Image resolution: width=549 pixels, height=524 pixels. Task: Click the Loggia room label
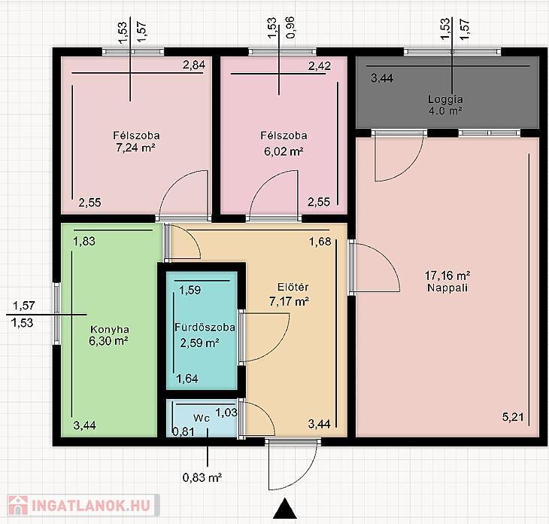445,99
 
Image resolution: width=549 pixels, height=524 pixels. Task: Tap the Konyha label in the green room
110,330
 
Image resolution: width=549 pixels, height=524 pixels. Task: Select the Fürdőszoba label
205,327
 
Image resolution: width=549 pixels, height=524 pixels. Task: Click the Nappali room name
447,288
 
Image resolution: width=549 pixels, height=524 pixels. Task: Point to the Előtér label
293,287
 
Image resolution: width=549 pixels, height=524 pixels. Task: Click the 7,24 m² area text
135,148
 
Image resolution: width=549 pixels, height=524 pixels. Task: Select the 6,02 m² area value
284,151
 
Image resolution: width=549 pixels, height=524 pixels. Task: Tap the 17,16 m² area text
447,276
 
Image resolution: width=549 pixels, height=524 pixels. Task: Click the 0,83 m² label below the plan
202,477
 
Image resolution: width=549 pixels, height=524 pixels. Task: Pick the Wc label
202,418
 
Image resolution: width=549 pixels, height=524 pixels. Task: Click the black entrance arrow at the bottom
285,508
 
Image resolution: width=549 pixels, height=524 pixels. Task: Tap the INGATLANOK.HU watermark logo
83,505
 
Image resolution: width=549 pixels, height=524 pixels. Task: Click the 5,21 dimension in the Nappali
513,417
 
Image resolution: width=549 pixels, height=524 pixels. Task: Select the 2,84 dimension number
194,65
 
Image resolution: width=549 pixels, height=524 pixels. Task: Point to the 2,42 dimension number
320,66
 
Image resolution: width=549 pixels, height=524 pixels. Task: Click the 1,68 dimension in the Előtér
320,242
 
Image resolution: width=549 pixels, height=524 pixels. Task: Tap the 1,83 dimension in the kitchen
84,241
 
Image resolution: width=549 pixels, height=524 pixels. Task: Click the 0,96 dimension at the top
290,28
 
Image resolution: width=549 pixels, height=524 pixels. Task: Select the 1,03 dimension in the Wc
226,413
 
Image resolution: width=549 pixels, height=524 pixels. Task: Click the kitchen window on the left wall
56,314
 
